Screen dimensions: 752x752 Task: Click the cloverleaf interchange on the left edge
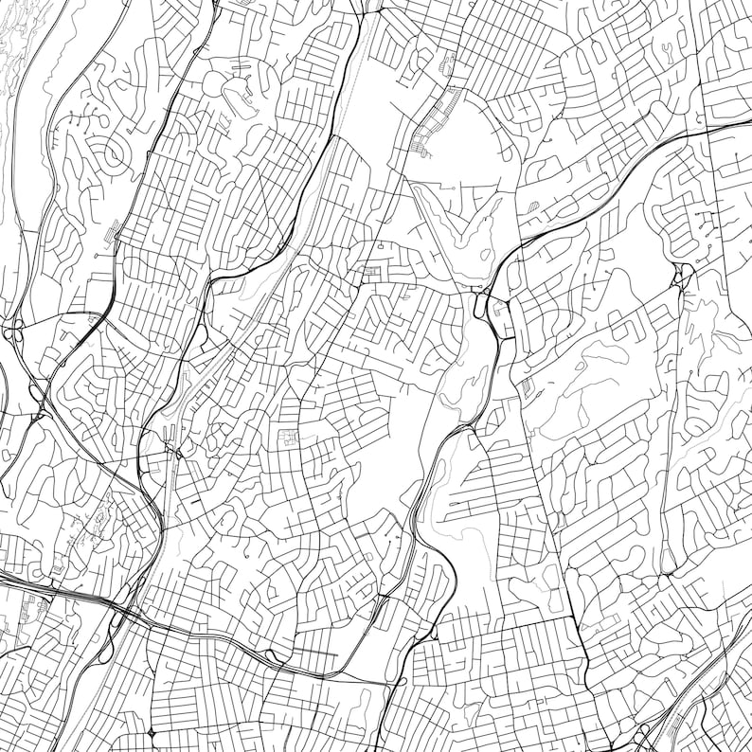click(x=14, y=331)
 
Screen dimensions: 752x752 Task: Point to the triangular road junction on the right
click(x=679, y=278)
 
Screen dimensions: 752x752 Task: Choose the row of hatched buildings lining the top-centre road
click(x=435, y=123)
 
